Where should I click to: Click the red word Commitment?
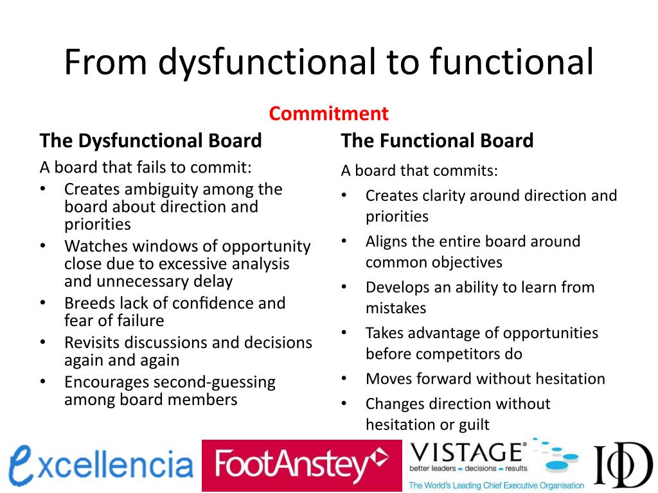(328, 114)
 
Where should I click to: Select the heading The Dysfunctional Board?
(150, 141)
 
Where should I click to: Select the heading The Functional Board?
(437, 141)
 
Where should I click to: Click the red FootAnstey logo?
(301, 465)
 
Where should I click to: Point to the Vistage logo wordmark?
(467, 452)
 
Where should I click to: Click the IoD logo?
(621, 465)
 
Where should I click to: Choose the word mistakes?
(396, 308)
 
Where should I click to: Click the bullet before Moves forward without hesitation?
(344, 379)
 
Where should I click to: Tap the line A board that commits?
(419, 171)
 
